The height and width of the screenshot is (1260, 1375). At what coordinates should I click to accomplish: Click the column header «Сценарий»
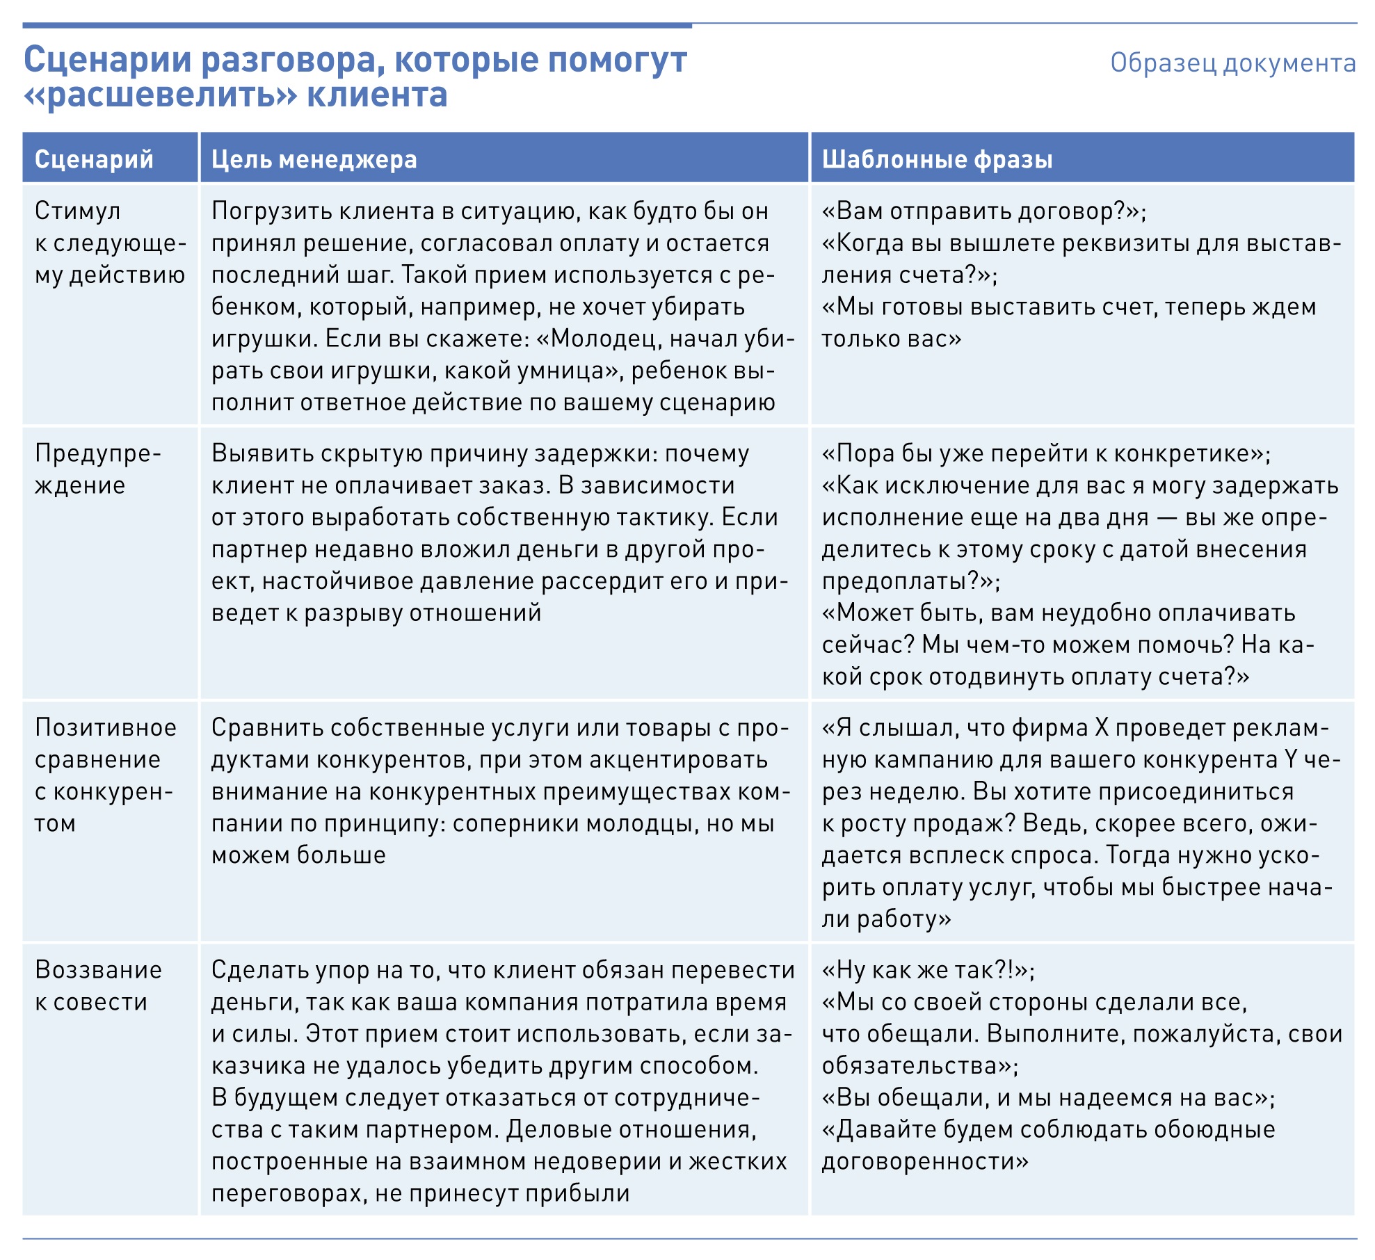pyautogui.click(x=94, y=159)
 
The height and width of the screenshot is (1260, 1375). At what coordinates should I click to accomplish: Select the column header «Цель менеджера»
pyautogui.click(x=314, y=159)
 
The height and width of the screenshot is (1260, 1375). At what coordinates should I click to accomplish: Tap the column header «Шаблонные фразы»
pyautogui.click(x=937, y=159)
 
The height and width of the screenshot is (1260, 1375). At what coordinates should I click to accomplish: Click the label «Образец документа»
pyautogui.click(x=1232, y=63)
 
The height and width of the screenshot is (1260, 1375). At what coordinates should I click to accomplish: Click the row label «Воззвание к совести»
pyautogui.click(x=98, y=985)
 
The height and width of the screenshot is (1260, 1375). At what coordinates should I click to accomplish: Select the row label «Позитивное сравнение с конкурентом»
pyautogui.click(x=105, y=775)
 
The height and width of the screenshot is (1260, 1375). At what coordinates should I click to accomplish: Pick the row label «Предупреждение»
pyautogui.click(x=97, y=469)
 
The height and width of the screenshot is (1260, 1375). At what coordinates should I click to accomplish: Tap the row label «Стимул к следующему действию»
pyautogui.click(x=110, y=243)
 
